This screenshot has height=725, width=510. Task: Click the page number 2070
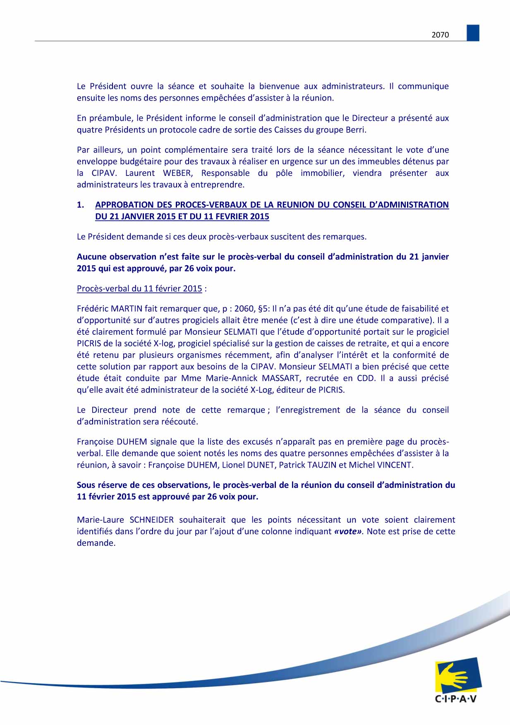point(440,35)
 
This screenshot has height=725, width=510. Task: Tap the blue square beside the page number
point(473,33)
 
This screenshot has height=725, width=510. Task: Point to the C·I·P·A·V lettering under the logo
point(456,699)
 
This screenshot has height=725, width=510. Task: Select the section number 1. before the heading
point(81,205)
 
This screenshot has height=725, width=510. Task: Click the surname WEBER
point(178,173)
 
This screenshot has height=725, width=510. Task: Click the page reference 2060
point(244,308)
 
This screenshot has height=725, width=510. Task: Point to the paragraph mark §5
point(263,308)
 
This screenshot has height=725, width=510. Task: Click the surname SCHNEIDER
point(152,520)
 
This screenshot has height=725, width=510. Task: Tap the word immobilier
point(322,173)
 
